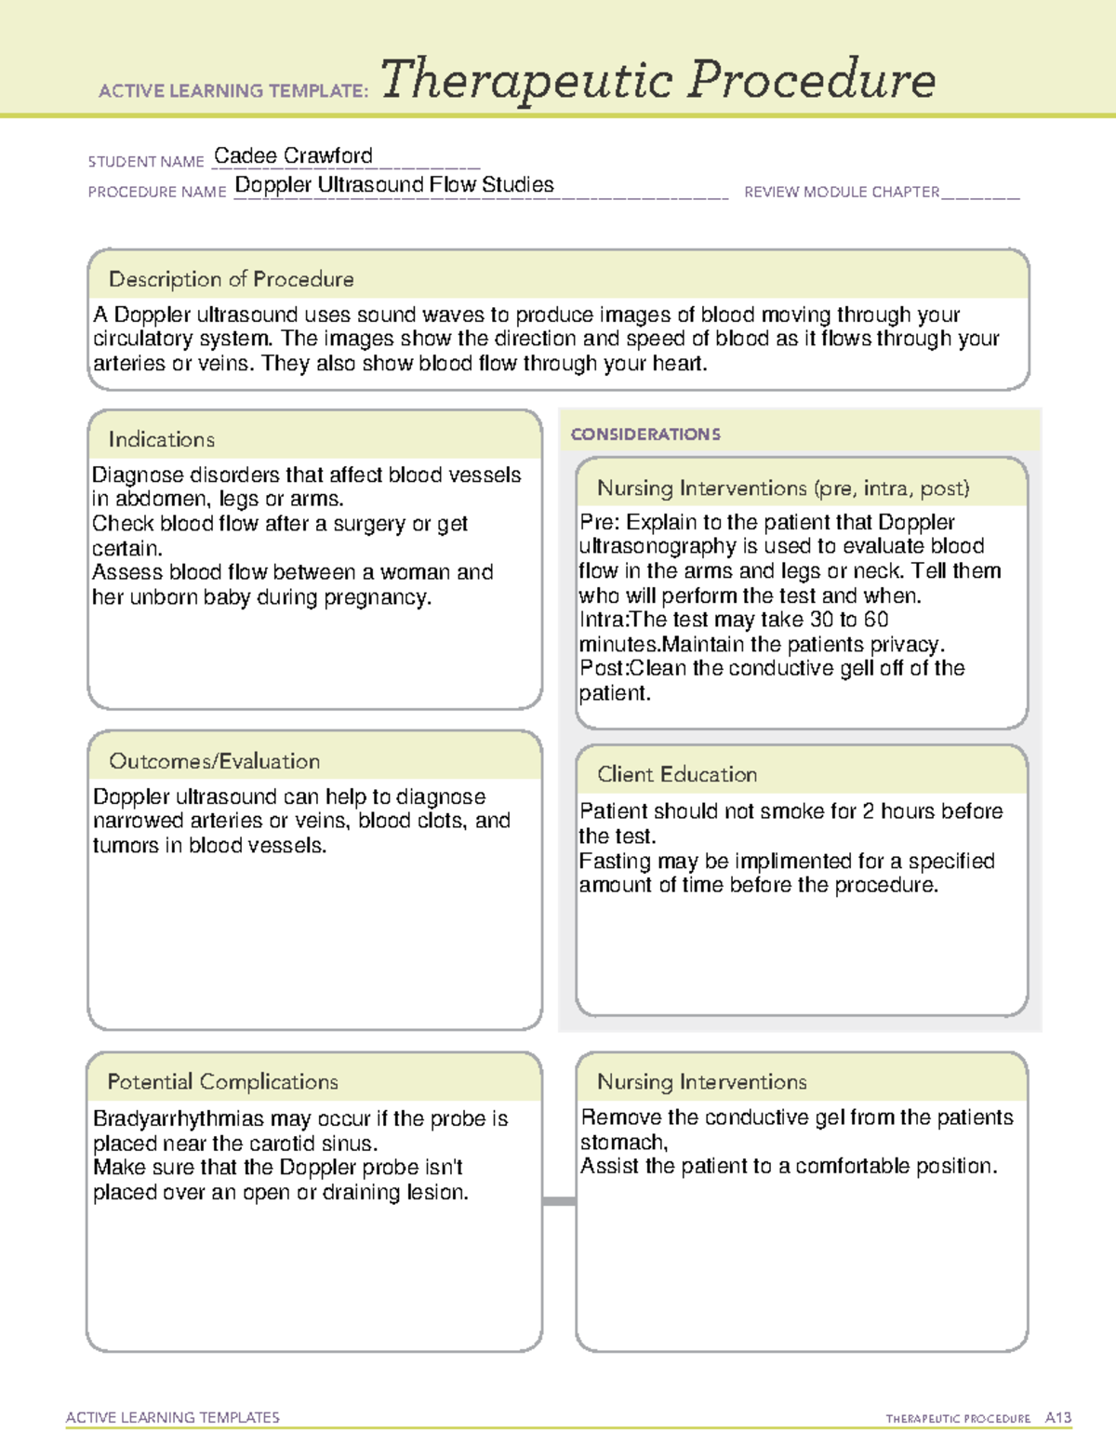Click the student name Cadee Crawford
coord(293,155)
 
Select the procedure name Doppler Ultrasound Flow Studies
coord(393,185)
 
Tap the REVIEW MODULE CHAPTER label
coord(842,192)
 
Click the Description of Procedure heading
coord(231,279)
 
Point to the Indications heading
coord(161,439)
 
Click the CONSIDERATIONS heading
coord(645,435)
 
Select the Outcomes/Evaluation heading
coord(214,761)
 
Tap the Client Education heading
coord(677,774)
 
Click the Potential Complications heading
coord(222,1082)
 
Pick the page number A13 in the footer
coord(1057,1418)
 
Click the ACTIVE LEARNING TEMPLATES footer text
coord(172,1417)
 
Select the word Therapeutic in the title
coord(526,80)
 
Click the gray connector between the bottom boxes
coord(559,1201)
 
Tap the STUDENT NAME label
coord(146,162)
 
